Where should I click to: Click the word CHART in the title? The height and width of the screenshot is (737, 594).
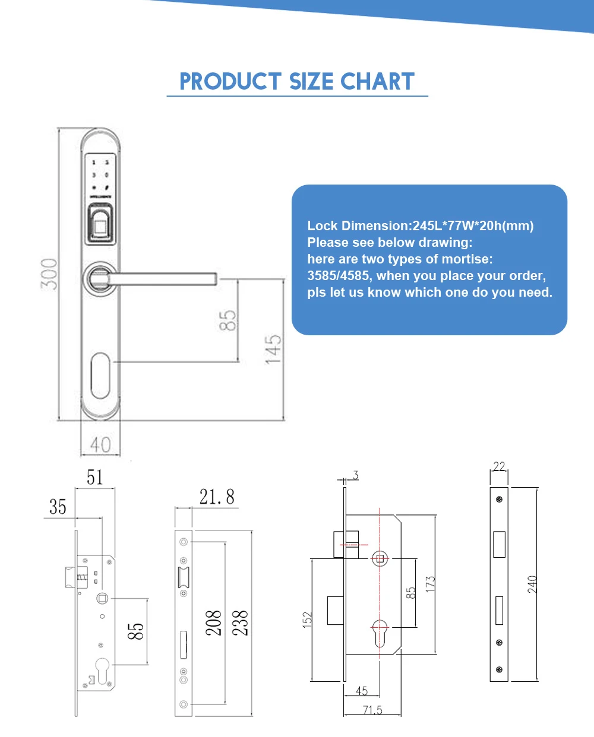tap(377, 82)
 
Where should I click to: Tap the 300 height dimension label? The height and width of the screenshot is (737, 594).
tap(50, 274)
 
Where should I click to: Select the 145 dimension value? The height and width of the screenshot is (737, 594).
tap(273, 349)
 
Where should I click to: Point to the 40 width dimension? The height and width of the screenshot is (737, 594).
tap(100, 444)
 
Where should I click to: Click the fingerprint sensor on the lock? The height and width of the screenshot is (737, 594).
tap(101, 224)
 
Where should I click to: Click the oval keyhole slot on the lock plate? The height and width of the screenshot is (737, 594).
tap(101, 376)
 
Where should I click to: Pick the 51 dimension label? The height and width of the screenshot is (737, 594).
tap(95, 477)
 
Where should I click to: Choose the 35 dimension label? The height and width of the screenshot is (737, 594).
tap(58, 507)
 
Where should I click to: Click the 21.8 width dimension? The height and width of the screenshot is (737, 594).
tap(217, 497)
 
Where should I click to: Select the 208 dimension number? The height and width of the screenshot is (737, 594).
tap(214, 623)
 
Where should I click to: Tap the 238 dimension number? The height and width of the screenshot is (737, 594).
tap(240, 623)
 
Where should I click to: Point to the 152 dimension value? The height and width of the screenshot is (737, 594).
tap(307, 620)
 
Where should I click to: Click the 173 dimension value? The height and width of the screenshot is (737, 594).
tap(430, 583)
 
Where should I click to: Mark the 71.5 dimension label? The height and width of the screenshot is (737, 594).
tap(372, 710)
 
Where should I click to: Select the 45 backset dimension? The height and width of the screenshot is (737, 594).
tap(362, 691)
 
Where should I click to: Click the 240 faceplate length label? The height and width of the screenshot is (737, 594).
tap(532, 584)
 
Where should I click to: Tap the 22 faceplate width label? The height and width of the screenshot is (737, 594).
tap(499, 466)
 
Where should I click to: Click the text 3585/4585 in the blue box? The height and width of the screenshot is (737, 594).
tap(339, 276)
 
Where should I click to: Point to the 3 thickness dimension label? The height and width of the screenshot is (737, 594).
tap(355, 475)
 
